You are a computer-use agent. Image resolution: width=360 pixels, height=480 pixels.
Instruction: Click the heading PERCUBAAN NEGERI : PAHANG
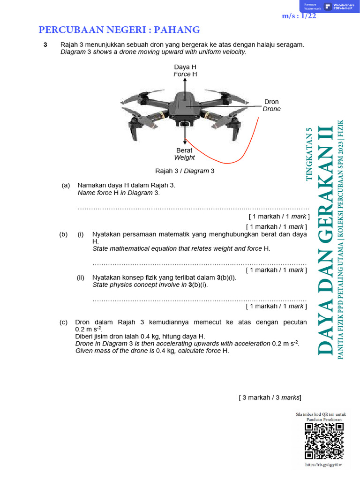119,30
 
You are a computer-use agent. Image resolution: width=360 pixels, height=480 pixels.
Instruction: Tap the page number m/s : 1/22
299,16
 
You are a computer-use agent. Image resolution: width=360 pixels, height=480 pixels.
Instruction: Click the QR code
324,441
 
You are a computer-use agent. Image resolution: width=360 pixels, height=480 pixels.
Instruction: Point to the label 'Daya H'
185,67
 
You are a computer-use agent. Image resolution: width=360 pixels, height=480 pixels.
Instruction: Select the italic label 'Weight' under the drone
184,157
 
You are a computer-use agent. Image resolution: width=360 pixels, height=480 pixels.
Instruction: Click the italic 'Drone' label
271,109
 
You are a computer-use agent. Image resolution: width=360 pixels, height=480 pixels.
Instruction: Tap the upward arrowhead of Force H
185,80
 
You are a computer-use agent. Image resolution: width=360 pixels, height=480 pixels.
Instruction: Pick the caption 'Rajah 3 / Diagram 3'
185,171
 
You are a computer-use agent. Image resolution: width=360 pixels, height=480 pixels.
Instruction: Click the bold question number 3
45,45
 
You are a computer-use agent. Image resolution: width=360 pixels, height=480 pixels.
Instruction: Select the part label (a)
66,185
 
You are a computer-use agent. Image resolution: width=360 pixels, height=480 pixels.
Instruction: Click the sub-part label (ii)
81,277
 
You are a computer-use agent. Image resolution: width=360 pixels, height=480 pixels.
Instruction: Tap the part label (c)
63,322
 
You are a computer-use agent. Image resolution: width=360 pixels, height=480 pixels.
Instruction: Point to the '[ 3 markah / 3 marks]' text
270,397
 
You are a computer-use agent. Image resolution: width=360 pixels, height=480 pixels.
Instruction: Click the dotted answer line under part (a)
193,208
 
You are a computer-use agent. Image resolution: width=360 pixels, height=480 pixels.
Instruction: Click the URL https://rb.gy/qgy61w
323,465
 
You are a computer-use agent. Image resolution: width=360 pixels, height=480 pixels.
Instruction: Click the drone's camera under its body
185,124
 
